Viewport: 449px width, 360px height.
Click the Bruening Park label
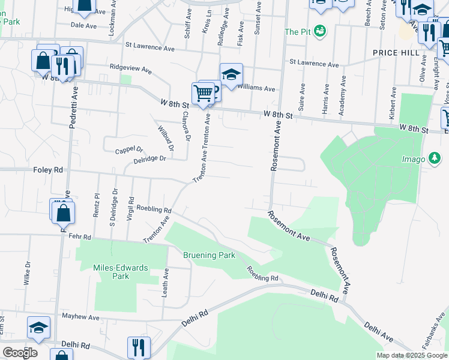click(209, 255)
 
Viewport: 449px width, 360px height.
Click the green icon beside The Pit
click(321, 30)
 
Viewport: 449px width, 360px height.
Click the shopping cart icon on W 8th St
click(203, 94)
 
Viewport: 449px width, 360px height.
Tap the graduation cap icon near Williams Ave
click(231, 74)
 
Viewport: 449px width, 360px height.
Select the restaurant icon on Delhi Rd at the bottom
click(139, 347)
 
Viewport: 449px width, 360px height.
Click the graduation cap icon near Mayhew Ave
click(38, 328)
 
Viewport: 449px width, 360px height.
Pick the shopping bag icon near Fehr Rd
click(64, 212)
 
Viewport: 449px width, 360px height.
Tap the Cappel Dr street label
click(130, 149)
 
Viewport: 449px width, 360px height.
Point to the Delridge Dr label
click(150, 159)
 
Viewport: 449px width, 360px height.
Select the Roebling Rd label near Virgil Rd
click(154, 209)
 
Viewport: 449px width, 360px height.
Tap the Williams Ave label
click(256, 88)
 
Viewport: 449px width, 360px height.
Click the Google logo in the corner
click(20, 352)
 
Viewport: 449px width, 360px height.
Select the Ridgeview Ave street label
click(130, 68)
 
